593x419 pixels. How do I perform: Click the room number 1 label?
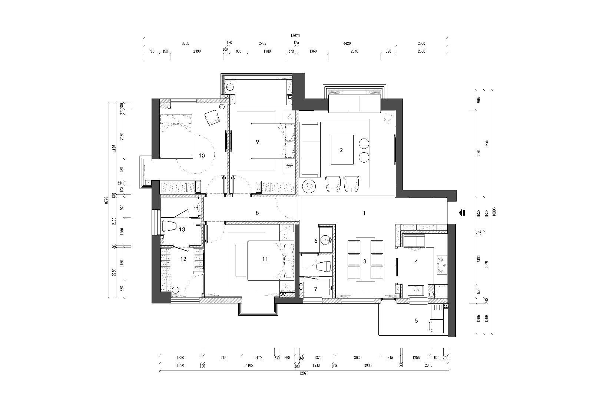click(364, 213)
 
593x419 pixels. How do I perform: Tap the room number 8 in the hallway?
click(257, 213)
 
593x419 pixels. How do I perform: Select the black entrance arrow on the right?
click(462, 213)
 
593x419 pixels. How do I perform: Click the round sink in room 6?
click(326, 240)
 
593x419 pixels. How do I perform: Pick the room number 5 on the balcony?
click(416, 320)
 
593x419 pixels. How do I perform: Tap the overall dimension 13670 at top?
click(295, 36)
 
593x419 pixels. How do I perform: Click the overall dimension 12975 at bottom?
click(304, 373)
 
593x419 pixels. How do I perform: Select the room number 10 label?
click(202, 156)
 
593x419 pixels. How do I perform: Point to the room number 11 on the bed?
click(265, 259)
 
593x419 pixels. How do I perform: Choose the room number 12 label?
click(183, 259)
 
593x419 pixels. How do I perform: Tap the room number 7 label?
click(316, 289)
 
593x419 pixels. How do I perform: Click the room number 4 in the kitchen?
click(416, 262)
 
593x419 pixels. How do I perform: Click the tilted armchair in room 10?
click(212, 117)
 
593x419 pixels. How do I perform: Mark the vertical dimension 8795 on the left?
click(106, 200)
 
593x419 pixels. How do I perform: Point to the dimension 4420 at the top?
click(347, 43)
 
